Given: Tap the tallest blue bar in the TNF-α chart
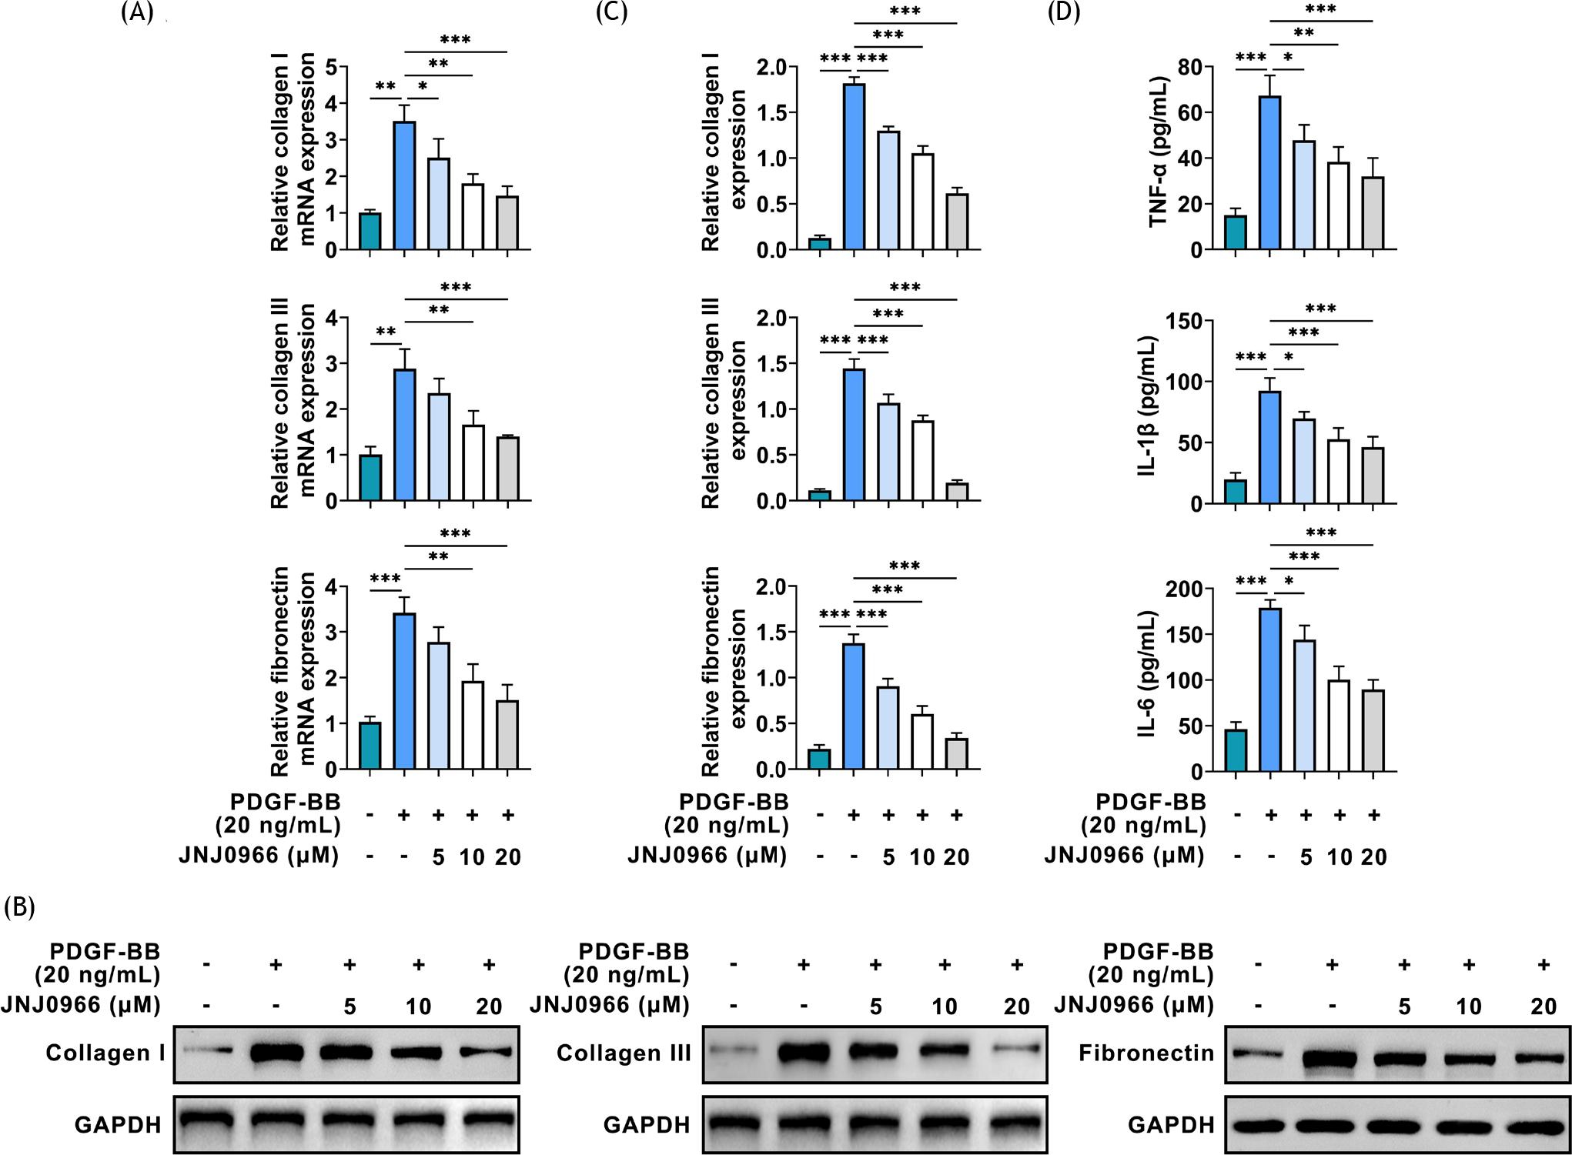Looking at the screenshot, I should click(x=1270, y=173).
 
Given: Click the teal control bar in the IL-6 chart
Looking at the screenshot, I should click(x=1236, y=750).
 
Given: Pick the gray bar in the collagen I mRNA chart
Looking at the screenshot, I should click(x=507, y=223).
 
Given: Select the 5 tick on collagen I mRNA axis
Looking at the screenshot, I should click(x=330, y=67).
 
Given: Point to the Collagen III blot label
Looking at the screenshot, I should click(x=623, y=1052).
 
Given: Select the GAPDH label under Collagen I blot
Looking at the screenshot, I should click(x=118, y=1125).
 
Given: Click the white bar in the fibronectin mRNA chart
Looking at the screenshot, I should click(x=472, y=726).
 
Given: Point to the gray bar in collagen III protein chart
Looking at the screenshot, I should click(x=957, y=492).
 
